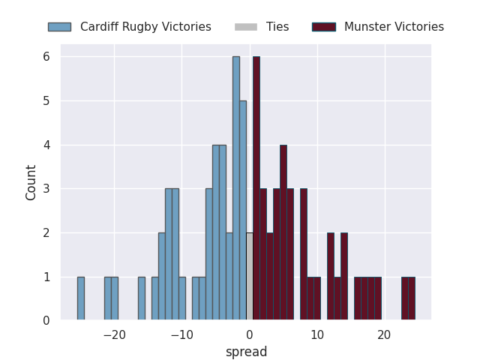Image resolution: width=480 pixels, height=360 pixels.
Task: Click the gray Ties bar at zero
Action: pos(249,277)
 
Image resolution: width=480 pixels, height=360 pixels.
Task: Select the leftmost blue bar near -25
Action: pos(80,298)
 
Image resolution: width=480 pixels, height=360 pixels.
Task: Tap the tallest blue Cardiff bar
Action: pos(235,188)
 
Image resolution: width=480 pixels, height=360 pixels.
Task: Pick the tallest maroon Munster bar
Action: pos(256,188)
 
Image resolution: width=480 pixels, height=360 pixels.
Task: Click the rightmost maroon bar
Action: pos(412,298)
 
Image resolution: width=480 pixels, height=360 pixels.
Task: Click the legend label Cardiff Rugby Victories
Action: pos(145,27)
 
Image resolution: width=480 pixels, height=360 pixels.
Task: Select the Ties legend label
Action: pos(277,27)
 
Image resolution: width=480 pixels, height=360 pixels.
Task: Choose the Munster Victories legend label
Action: pos(394,27)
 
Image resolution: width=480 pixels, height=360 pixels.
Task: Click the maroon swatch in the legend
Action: pos(324,27)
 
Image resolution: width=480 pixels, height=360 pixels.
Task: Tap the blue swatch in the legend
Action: pos(59,27)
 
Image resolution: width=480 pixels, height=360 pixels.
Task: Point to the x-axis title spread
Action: pos(246,352)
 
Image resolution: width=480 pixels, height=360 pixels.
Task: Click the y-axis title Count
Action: pos(31,182)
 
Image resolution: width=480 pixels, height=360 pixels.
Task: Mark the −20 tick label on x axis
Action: pos(114,335)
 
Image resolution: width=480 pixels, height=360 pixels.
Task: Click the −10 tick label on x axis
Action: pos(181,335)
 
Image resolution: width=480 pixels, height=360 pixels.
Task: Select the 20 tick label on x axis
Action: pos(385,335)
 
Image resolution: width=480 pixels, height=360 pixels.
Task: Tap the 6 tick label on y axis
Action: pos(46,57)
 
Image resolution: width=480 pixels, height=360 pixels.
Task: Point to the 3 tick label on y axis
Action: pos(46,189)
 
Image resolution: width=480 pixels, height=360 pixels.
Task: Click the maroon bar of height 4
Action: pos(283,232)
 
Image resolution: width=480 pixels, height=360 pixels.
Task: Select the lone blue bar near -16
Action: pos(141,298)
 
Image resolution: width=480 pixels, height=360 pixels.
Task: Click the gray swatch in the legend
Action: pos(245,27)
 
